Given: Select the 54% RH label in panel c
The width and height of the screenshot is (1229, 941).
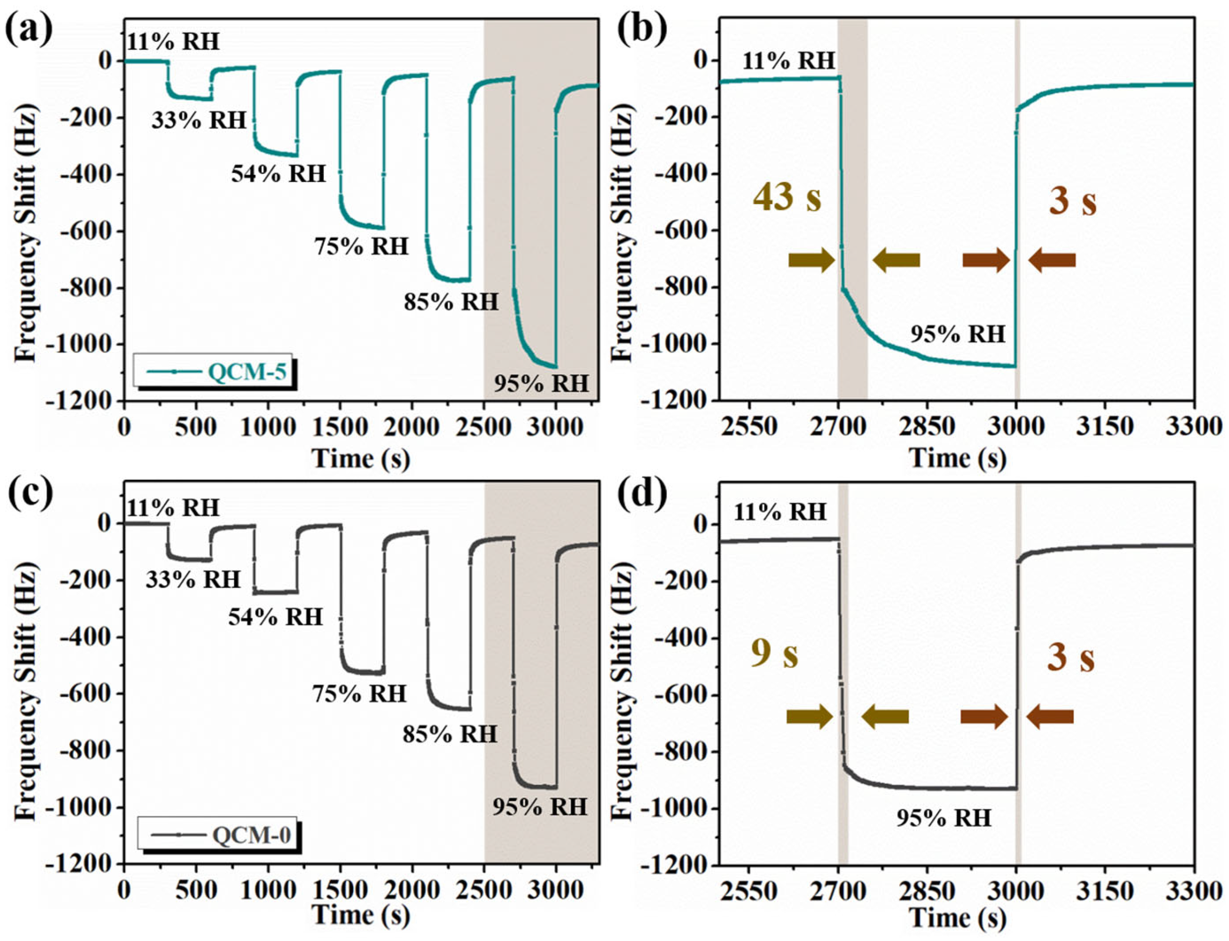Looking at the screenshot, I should point(275,617).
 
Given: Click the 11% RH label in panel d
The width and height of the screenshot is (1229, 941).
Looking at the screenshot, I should point(780,511).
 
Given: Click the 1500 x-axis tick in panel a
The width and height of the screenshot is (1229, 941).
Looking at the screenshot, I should point(339,427).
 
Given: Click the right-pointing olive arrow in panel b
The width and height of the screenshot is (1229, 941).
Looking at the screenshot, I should point(811,261).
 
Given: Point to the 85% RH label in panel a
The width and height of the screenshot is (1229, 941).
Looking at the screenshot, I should point(451,302).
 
